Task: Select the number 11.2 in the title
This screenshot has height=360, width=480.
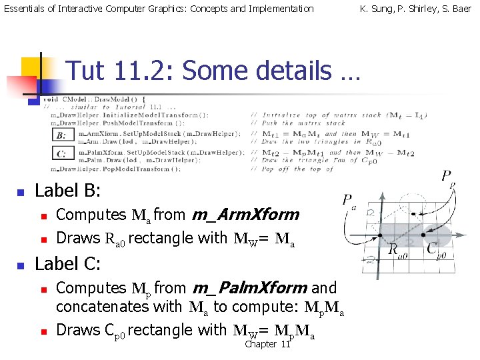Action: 141,71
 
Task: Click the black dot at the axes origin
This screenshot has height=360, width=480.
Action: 379,236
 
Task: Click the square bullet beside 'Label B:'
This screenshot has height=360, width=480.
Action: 20,193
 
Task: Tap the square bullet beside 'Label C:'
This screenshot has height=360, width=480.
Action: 20,265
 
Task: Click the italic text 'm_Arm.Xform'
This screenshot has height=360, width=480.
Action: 245,215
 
